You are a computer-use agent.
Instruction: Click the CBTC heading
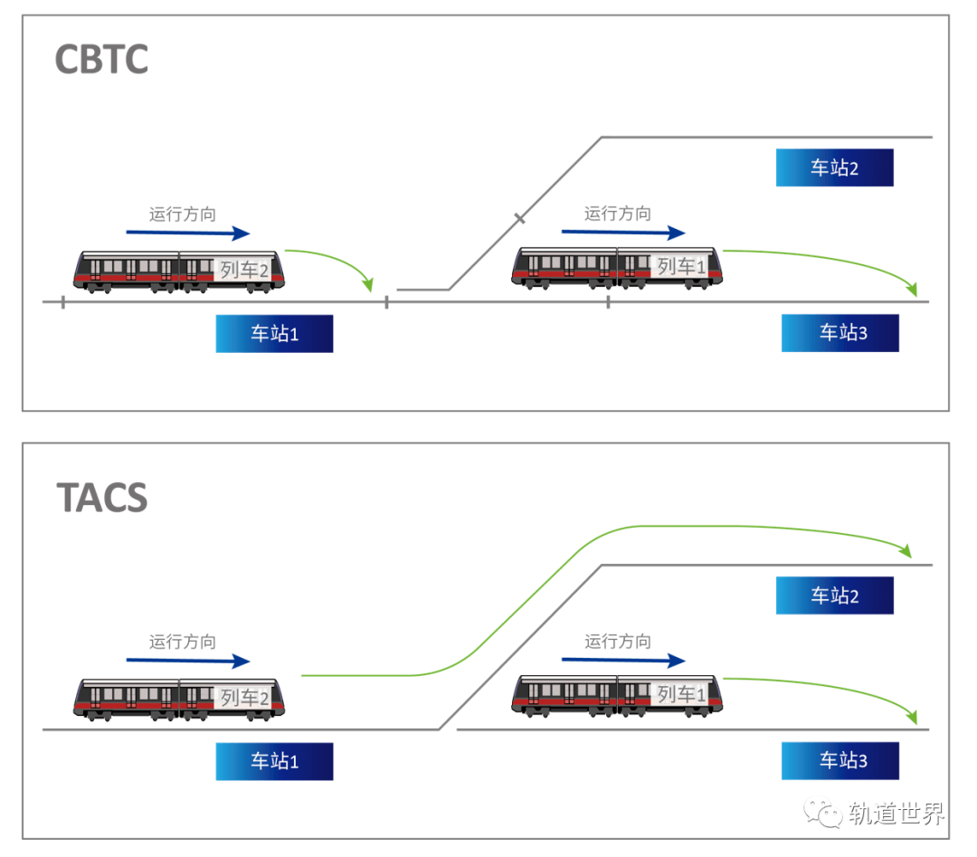[x=101, y=60]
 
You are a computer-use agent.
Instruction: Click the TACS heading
[x=101, y=497]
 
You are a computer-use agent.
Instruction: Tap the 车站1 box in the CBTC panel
[x=274, y=334]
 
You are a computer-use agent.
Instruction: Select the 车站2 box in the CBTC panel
[x=834, y=168]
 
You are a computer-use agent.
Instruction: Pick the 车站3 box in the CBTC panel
[x=840, y=333]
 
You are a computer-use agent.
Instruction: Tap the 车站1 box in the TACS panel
[x=274, y=762]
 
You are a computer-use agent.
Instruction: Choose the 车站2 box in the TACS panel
[x=834, y=596]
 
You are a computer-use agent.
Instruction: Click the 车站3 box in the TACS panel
[x=840, y=761]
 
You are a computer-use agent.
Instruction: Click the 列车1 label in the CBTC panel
[x=681, y=266]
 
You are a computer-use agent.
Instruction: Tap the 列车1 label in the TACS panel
[x=681, y=694]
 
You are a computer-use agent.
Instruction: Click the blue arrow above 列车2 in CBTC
[x=187, y=233]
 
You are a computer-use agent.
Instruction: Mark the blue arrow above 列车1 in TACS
[x=622, y=661]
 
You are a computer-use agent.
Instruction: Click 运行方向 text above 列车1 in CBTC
[x=617, y=214]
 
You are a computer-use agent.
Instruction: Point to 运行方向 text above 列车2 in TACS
[x=183, y=643]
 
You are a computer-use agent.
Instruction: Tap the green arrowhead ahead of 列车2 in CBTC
[x=367, y=285]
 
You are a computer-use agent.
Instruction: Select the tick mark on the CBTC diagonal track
[x=519, y=218]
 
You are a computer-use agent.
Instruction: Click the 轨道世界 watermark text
[x=896, y=814]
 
